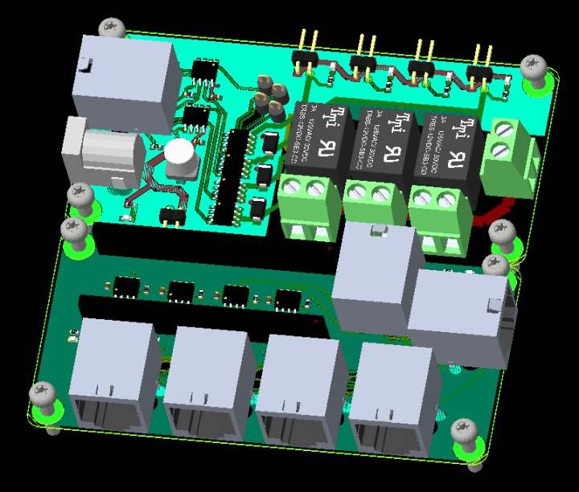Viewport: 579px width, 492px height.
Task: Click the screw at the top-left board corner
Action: click(112, 27)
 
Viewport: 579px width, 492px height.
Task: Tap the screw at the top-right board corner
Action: click(533, 67)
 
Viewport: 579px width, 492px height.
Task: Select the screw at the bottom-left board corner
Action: click(43, 395)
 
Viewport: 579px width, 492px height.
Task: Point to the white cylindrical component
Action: click(181, 158)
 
